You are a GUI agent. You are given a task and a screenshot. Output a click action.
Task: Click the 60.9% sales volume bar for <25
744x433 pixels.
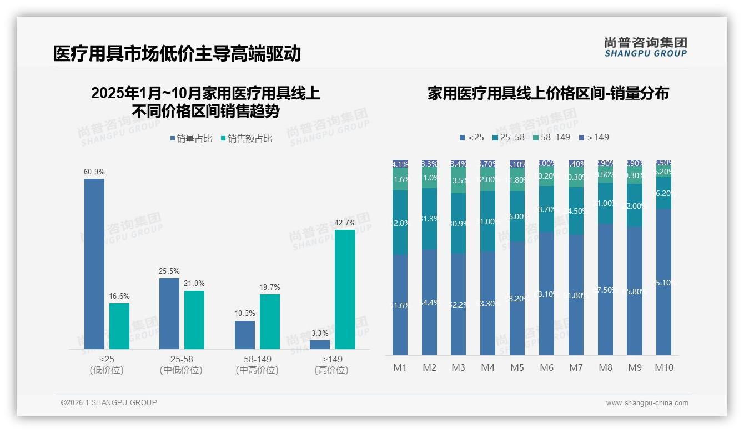click(94, 264)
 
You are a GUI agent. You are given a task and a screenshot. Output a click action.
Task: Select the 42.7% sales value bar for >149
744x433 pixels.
click(345, 289)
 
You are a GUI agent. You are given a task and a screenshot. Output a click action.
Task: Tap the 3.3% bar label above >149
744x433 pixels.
click(320, 334)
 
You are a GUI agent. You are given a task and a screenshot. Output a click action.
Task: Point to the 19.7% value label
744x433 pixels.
click(270, 288)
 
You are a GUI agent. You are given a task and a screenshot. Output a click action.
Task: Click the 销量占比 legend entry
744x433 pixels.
click(190, 139)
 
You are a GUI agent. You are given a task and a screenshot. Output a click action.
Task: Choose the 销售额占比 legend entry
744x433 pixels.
click(247, 139)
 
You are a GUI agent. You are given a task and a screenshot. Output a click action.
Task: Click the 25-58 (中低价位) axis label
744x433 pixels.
click(181, 365)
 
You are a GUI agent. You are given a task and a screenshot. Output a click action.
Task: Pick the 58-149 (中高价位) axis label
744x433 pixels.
click(257, 365)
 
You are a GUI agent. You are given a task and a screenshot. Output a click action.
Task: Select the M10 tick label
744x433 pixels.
click(664, 367)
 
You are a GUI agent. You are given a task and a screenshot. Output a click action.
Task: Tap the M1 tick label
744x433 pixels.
click(400, 367)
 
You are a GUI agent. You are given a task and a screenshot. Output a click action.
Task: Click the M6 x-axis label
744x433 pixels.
click(547, 367)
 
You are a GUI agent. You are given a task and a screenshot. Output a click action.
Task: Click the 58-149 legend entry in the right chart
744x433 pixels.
click(551, 137)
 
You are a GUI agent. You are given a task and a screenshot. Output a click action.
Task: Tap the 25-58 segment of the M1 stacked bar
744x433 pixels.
click(400, 223)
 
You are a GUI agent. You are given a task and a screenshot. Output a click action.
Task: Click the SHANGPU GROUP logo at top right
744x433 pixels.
click(646, 47)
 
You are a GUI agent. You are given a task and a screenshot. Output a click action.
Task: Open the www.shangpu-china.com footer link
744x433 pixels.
click(647, 403)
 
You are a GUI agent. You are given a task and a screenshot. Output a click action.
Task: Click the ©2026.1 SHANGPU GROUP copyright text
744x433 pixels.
click(109, 402)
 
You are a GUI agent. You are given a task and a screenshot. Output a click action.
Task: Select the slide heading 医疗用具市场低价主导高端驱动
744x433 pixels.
click(177, 54)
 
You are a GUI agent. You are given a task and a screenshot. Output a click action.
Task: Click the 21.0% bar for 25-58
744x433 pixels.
click(194, 320)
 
